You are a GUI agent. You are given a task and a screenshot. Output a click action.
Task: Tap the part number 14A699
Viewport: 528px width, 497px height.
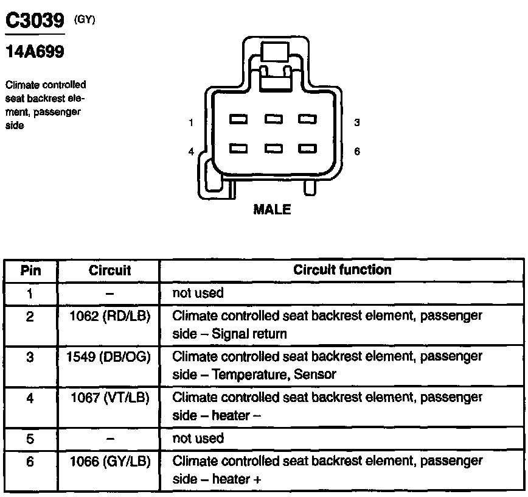[34, 52]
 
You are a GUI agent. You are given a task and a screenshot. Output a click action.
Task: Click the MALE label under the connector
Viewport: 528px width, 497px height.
[272, 210]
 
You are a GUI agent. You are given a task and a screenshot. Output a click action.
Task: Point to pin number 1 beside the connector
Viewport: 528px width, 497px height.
[191, 122]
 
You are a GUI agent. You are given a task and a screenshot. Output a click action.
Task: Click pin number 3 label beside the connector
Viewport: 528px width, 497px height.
[357, 122]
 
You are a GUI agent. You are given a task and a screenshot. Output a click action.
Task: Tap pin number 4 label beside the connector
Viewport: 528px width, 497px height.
[191, 152]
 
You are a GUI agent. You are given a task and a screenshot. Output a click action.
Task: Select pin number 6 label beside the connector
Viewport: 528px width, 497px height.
[357, 152]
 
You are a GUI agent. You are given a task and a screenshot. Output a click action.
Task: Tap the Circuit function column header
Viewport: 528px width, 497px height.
[342, 269]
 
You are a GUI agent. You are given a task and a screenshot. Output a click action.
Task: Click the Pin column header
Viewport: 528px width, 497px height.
[30, 270]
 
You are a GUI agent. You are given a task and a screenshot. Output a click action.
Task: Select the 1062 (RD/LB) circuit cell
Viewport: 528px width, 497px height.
[109, 317]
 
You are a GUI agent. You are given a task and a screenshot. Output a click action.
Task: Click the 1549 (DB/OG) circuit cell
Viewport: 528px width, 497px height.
[109, 357]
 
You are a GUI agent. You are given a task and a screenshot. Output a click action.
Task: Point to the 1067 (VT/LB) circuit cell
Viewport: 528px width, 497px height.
[109, 398]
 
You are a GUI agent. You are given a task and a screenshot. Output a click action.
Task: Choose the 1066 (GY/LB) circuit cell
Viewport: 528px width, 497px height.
[109, 460]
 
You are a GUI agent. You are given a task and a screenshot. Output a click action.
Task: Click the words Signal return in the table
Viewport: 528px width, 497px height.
[249, 334]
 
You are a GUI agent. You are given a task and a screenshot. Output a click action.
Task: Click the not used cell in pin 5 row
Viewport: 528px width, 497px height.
[198, 439]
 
